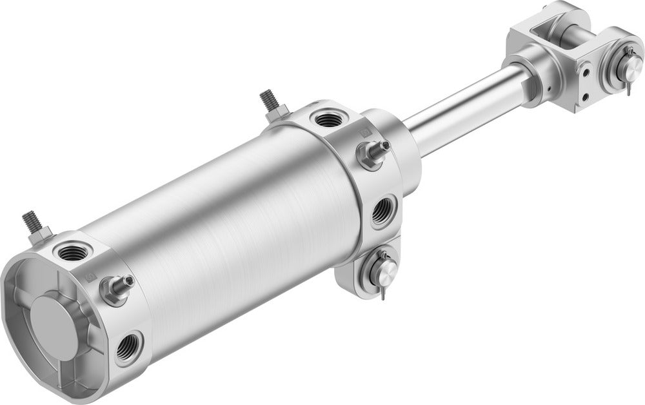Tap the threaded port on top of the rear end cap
[69, 251]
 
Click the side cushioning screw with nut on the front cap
[372, 153]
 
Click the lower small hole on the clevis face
[586, 97]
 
